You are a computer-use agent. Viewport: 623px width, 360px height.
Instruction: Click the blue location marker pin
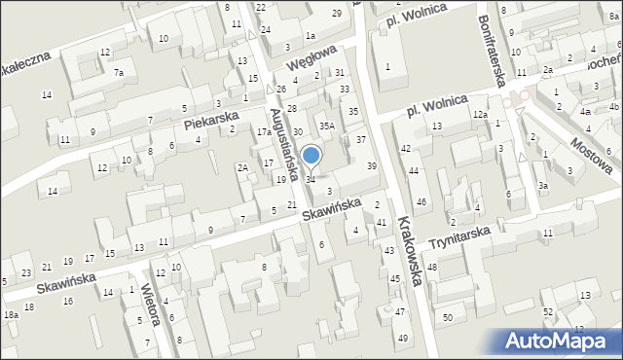[311, 156]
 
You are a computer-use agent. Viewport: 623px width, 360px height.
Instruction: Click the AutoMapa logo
[557, 342]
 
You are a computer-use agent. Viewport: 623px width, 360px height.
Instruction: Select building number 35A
[328, 126]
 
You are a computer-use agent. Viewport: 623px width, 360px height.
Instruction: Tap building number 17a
[264, 131]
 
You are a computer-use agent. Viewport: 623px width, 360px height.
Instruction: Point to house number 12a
[480, 115]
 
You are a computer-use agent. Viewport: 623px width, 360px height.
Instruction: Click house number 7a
[118, 73]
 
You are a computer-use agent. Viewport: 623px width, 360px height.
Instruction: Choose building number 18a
[11, 315]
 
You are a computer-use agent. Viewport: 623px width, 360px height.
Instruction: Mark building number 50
[448, 318]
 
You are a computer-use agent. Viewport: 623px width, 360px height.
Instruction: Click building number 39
[371, 166]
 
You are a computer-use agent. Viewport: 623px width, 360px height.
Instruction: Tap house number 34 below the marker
[311, 179]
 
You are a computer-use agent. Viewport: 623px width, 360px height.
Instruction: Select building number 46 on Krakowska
[421, 201]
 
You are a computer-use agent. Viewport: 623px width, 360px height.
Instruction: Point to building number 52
[548, 311]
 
